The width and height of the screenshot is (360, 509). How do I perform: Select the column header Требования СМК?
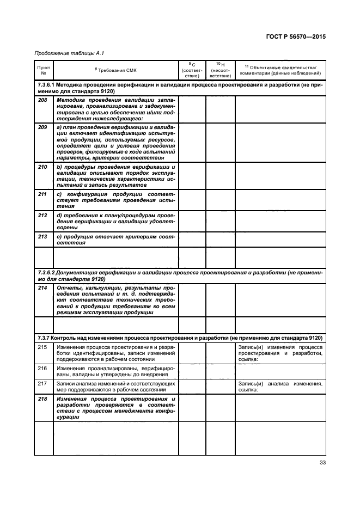(116, 71)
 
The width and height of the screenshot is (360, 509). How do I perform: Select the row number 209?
(43, 127)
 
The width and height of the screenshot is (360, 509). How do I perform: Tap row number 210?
(43, 167)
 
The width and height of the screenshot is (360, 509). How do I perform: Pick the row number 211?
(43, 194)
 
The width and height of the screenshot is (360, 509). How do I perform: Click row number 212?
(43, 215)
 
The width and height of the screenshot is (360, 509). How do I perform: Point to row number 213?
(43, 236)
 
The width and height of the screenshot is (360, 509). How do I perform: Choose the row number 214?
(43, 287)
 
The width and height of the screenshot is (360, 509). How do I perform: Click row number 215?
(43, 347)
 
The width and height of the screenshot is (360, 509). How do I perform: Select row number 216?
(43, 369)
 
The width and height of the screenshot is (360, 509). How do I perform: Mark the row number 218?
(43, 399)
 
